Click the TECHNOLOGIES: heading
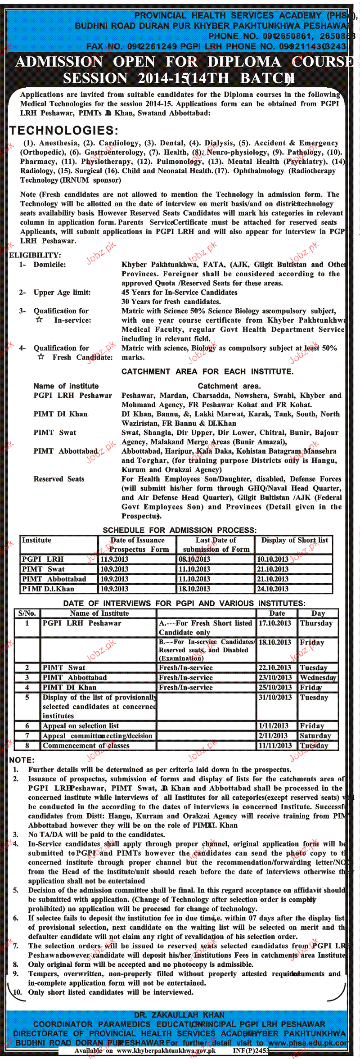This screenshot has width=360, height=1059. coord(63,131)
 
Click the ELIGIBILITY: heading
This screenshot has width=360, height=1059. coord(35,255)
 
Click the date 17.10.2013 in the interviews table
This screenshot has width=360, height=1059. coord(274,623)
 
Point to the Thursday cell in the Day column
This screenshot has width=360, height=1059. coord(316,623)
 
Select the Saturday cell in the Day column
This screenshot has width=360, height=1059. coord(315,736)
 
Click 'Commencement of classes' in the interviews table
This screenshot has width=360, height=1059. coord(86,746)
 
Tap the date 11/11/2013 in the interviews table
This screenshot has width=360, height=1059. coord(274,746)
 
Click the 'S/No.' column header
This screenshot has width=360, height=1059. coord(27,613)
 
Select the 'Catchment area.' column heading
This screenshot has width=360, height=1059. coord(229,386)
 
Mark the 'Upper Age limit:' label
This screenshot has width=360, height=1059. coord(62,293)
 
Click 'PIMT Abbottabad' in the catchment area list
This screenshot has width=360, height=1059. coord(65,451)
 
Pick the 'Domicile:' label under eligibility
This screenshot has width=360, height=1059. coord(49,265)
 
